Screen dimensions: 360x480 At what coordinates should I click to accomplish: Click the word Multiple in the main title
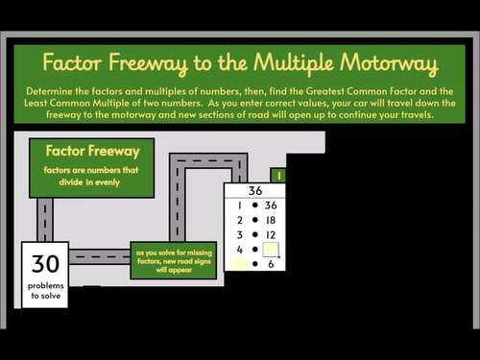(294, 65)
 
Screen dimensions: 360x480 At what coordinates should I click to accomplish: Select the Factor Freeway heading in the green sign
(92, 151)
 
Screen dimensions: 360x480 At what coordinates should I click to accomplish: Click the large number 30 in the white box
(45, 264)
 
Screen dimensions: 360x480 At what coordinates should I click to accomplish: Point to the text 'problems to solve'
(45, 292)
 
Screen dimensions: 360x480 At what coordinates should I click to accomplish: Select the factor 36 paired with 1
(270, 205)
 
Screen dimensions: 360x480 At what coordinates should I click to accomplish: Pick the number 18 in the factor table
(270, 220)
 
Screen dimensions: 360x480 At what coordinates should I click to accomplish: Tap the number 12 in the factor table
(270, 234)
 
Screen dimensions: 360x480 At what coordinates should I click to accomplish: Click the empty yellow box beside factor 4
(271, 250)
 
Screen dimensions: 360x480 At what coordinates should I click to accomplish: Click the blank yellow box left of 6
(238, 264)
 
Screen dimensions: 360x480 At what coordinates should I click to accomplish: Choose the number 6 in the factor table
(271, 264)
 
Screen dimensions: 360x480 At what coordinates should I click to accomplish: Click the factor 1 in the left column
(237, 205)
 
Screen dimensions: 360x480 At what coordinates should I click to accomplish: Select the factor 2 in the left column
(237, 220)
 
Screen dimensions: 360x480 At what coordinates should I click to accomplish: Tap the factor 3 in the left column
(237, 234)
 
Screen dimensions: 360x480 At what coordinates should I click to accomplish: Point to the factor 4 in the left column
(237, 250)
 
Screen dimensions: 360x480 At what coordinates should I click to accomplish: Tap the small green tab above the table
(277, 176)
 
